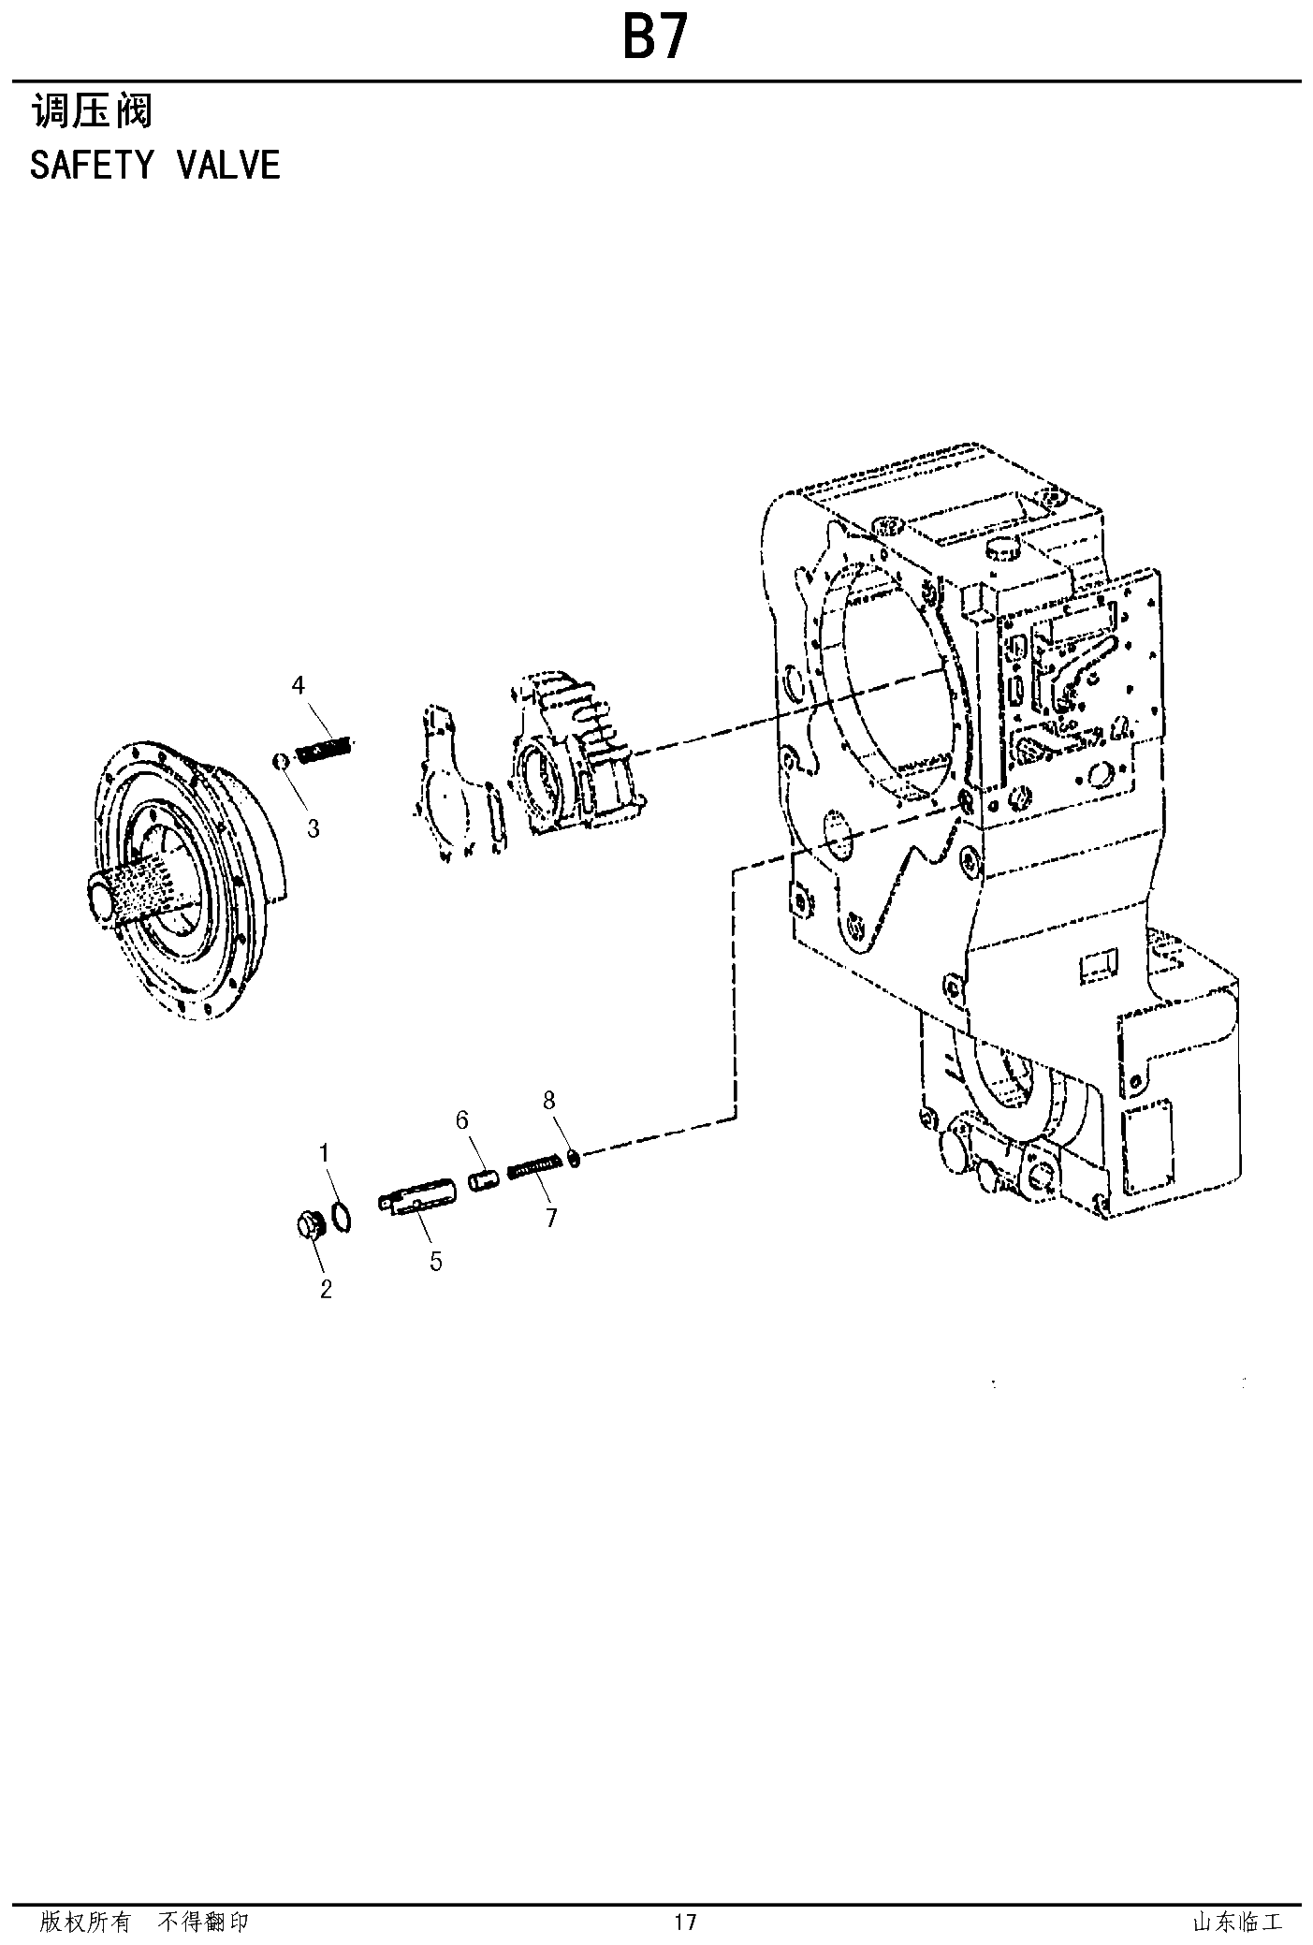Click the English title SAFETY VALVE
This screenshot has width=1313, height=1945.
tap(155, 165)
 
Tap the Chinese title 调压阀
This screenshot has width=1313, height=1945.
tap(92, 111)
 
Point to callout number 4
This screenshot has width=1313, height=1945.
tap(298, 685)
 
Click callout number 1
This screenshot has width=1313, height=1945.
tap(325, 1152)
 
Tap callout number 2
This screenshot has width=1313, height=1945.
tap(326, 1289)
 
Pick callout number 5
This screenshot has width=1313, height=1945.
tap(436, 1261)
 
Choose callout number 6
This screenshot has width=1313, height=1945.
tap(461, 1119)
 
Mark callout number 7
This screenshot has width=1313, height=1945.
tap(551, 1217)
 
